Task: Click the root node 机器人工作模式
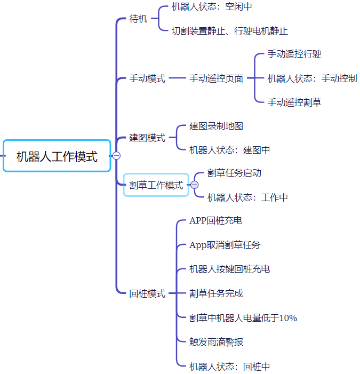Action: click(x=57, y=156)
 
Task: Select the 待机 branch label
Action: click(x=138, y=19)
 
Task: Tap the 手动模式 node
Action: click(x=147, y=78)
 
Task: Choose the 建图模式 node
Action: click(x=147, y=138)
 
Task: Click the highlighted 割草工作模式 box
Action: click(x=156, y=185)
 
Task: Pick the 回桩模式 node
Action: click(x=147, y=293)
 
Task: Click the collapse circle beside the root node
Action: click(x=116, y=156)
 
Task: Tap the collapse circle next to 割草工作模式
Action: click(x=195, y=185)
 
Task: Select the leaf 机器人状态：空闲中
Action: click(x=211, y=7)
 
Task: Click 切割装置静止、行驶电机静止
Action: click(x=229, y=31)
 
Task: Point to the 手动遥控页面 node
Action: click(x=216, y=78)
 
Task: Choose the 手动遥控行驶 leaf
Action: click(x=294, y=54)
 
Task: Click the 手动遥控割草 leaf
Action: click(x=294, y=102)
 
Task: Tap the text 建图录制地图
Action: click(x=216, y=126)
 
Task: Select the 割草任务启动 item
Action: click(x=234, y=173)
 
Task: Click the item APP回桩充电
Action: click(x=215, y=220)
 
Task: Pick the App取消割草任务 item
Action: click(x=225, y=245)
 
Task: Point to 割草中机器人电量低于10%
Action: click(x=243, y=318)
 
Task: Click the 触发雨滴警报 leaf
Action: click(x=216, y=342)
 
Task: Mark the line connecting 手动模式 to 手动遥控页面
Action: click(x=177, y=78)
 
